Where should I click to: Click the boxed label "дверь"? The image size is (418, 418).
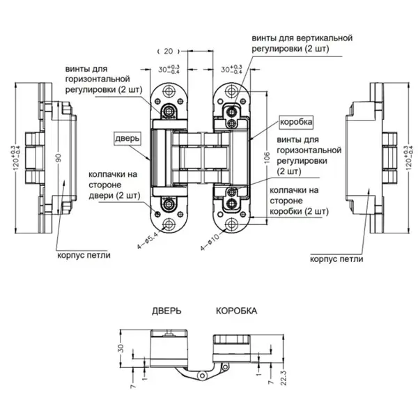click(127, 139)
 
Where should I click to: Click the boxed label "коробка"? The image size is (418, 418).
click(296, 122)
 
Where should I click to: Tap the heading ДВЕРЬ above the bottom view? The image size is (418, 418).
click(167, 311)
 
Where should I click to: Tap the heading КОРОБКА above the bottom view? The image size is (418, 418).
click(236, 311)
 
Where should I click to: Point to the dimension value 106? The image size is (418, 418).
click(267, 157)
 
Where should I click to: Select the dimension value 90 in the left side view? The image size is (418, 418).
click(59, 157)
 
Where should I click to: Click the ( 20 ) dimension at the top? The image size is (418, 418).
click(169, 51)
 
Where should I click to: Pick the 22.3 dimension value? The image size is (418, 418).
click(284, 378)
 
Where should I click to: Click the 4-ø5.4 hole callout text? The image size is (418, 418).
click(148, 240)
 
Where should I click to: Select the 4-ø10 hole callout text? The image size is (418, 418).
click(210, 242)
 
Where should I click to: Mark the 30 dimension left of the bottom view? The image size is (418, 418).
click(121, 348)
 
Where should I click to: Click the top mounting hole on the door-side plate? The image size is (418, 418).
click(169, 91)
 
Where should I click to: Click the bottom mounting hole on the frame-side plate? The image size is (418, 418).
click(232, 224)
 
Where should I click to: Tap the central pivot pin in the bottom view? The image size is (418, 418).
click(202, 376)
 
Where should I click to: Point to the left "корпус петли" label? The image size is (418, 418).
click(84, 255)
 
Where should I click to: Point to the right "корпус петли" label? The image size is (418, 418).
click(336, 259)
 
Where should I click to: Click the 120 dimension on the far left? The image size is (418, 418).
click(17, 158)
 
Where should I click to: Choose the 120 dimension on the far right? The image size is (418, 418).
click(409, 158)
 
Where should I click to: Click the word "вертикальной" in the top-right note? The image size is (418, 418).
click(323, 38)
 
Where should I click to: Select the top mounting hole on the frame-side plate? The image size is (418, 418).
click(232, 91)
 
